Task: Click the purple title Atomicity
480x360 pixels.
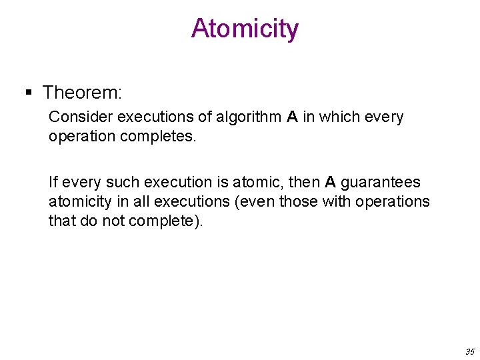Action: pyautogui.click(x=245, y=29)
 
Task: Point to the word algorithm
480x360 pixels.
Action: pyautogui.click(x=251, y=117)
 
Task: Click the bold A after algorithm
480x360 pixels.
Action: pyautogui.click(x=292, y=117)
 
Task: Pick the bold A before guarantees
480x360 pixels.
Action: pyautogui.click(x=330, y=182)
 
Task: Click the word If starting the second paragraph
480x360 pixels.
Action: pyautogui.click(x=53, y=182)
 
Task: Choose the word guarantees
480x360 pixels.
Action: pyautogui.click(x=381, y=183)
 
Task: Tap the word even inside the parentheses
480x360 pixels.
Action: pyautogui.click(x=261, y=201)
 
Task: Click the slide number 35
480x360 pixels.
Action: pyautogui.click(x=469, y=351)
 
